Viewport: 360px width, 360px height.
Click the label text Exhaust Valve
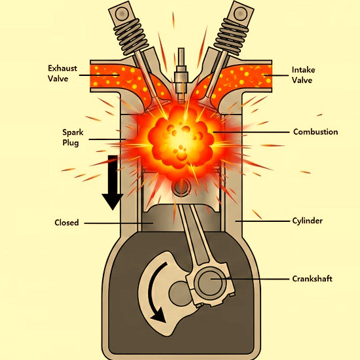[x=62, y=73]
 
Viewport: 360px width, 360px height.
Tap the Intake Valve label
[x=303, y=75]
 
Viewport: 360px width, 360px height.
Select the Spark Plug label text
[x=73, y=137]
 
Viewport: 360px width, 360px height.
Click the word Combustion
[x=315, y=132]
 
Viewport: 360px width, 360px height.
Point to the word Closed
[x=67, y=223]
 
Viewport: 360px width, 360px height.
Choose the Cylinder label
[x=307, y=221]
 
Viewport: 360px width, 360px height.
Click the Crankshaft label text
[x=312, y=279]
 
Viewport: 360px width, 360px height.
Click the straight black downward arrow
[x=113, y=183]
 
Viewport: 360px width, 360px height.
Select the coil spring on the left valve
[x=130, y=37]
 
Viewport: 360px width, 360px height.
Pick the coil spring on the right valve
[x=232, y=37]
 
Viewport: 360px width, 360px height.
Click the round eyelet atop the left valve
[x=122, y=13]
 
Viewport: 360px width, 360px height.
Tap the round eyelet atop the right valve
[x=240, y=13]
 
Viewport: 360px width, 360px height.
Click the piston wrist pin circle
[x=181, y=187]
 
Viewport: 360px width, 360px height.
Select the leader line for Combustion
[x=251, y=132]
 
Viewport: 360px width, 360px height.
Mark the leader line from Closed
[x=118, y=223]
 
